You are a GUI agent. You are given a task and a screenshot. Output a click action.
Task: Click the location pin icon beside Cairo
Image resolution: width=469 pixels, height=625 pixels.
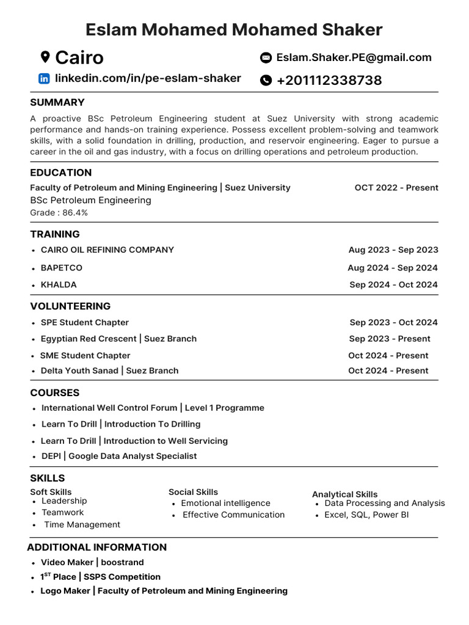(x=45, y=57)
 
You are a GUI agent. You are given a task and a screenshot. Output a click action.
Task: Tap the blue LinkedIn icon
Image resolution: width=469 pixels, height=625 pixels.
(x=44, y=78)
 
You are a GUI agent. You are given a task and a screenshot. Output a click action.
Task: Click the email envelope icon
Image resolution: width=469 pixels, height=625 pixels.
(x=266, y=58)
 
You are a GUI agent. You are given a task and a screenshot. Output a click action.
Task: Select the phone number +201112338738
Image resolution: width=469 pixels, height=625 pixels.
(x=329, y=81)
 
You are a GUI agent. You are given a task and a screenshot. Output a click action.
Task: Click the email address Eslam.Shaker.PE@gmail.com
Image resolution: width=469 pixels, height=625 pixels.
(x=354, y=57)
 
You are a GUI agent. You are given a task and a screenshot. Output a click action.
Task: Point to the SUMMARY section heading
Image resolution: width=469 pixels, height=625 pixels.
(x=57, y=103)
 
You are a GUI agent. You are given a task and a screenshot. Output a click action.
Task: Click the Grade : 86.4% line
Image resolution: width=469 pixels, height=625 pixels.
(x=59, y=212)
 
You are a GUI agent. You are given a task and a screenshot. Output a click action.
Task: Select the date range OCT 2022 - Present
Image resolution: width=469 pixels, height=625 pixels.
(x=396, y=188)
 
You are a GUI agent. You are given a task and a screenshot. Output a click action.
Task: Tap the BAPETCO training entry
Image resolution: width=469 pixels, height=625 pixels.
(x=61, y=268)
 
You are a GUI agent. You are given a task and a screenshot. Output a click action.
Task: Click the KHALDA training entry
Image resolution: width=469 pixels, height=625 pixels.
(x=59, y=284)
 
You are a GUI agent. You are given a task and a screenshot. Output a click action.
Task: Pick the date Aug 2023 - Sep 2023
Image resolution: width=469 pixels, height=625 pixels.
(x=393, y=250)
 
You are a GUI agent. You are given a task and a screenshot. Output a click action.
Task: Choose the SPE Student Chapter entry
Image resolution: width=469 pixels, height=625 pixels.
(x=84, y=322)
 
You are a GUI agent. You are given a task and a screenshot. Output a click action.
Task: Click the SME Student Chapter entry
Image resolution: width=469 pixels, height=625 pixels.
(x=85, y=355)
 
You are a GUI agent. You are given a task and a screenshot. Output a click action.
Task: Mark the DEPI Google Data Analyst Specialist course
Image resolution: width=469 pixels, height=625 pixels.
(x=118, y=456)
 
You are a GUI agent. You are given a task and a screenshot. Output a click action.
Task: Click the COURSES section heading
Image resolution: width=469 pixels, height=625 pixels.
(x=55, y=393)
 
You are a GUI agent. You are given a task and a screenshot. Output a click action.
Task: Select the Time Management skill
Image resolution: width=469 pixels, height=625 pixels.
(x=82, y=525)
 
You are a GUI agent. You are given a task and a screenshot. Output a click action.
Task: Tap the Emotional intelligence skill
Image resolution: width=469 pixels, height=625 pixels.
(x=225, y=504)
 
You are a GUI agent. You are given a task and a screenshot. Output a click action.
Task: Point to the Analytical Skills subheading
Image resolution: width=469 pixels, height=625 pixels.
(x=344, y=494)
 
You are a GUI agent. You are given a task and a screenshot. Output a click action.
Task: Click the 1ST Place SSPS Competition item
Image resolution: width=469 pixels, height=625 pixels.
(x=100, y=577)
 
